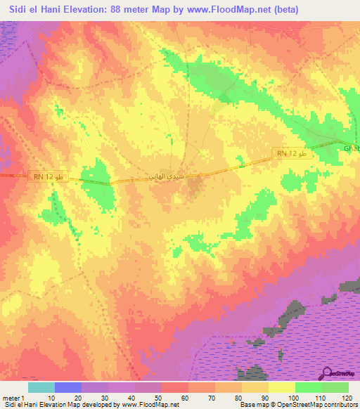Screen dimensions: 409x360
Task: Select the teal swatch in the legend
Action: pyautogui.click(x=41, y=387)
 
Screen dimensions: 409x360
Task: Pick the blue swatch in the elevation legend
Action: pyautogui.click(x=68, y=387)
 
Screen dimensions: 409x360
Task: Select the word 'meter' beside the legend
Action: pyautogui.click(x=12, y=398)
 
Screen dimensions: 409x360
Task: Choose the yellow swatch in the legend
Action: pyautogui.click(x=282, y=387)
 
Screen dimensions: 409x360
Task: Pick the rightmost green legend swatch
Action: pyautogui.click(x=335, y=387)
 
